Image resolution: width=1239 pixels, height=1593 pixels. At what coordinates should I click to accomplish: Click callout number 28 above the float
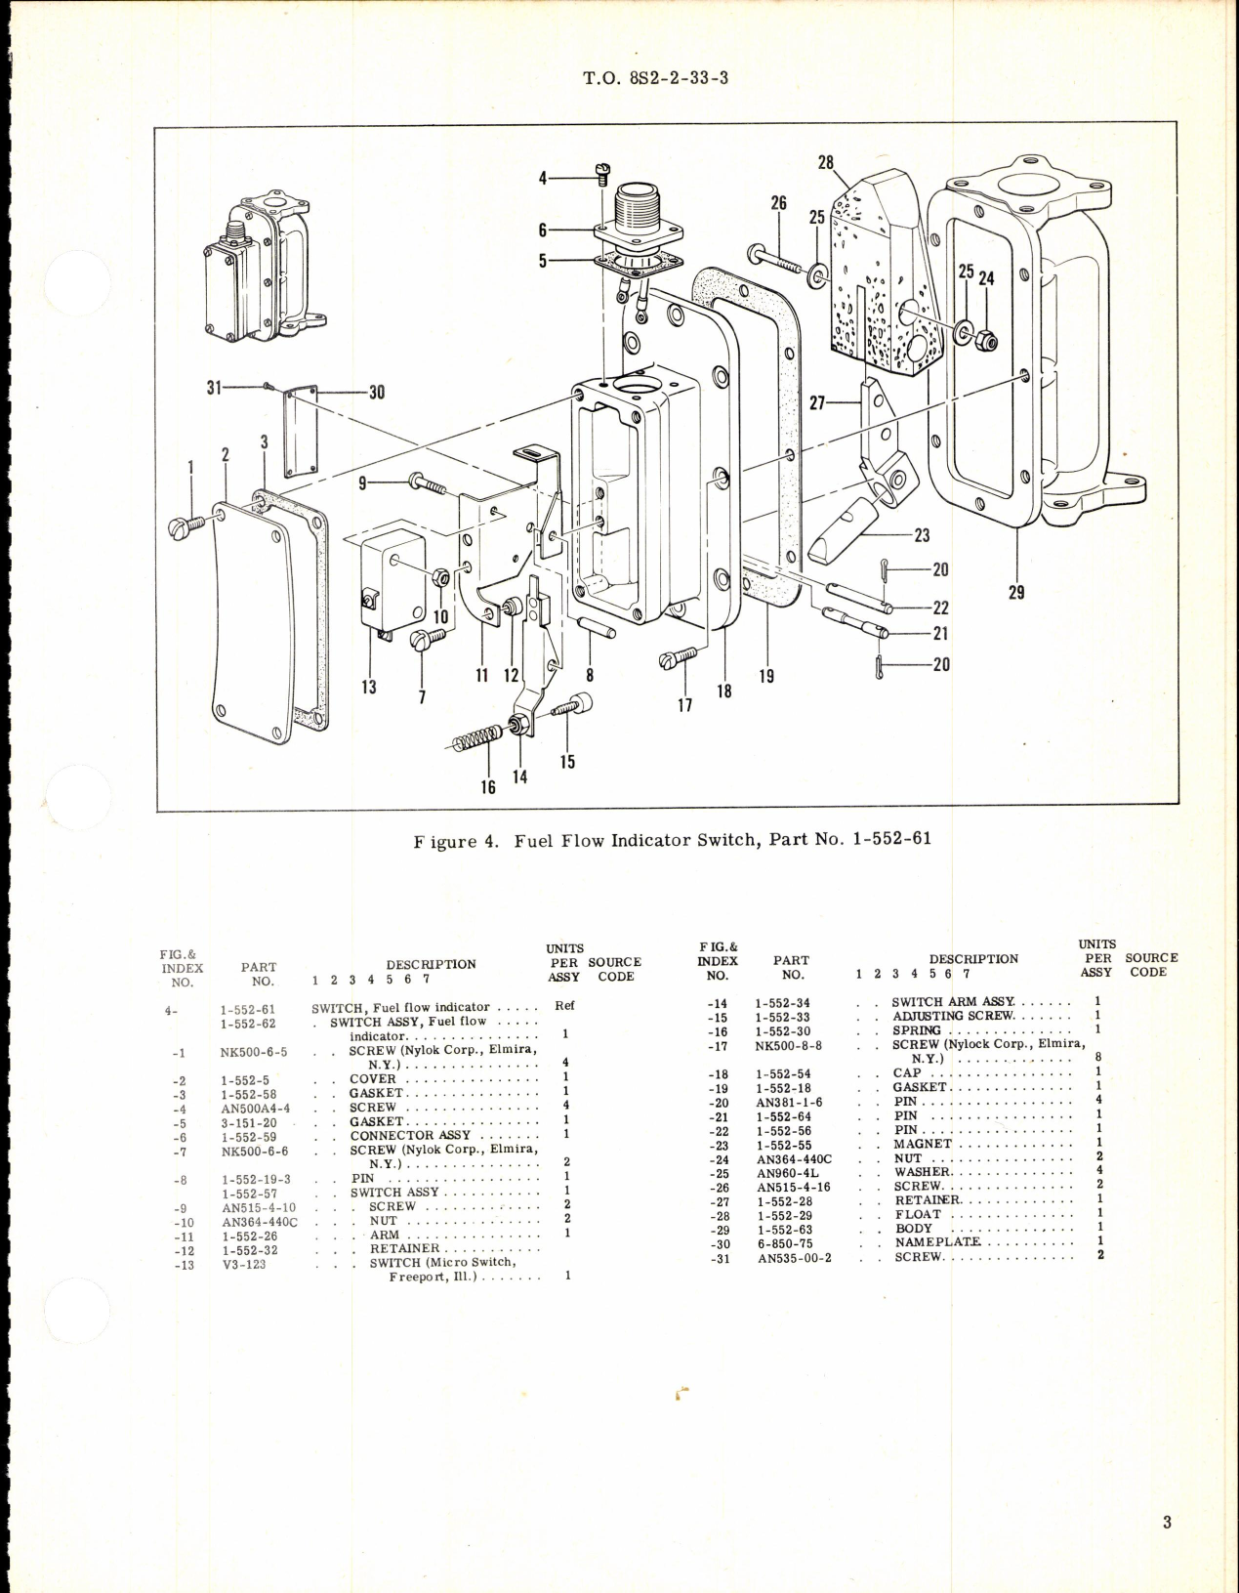tap(826, 163)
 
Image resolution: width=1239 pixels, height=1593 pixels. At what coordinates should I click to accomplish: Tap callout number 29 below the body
tap(1016, 592)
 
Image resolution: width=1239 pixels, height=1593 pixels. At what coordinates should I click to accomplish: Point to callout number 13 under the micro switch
tap(368, 687)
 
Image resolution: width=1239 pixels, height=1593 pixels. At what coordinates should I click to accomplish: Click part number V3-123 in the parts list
tap(243, 1264)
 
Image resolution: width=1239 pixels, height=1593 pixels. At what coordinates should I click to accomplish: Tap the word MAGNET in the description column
tap(923, 1144)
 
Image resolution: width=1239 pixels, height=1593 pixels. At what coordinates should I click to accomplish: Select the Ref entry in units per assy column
tap(564, 1005)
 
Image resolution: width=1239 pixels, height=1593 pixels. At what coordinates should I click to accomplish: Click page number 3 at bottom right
tap(1167, 1522)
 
